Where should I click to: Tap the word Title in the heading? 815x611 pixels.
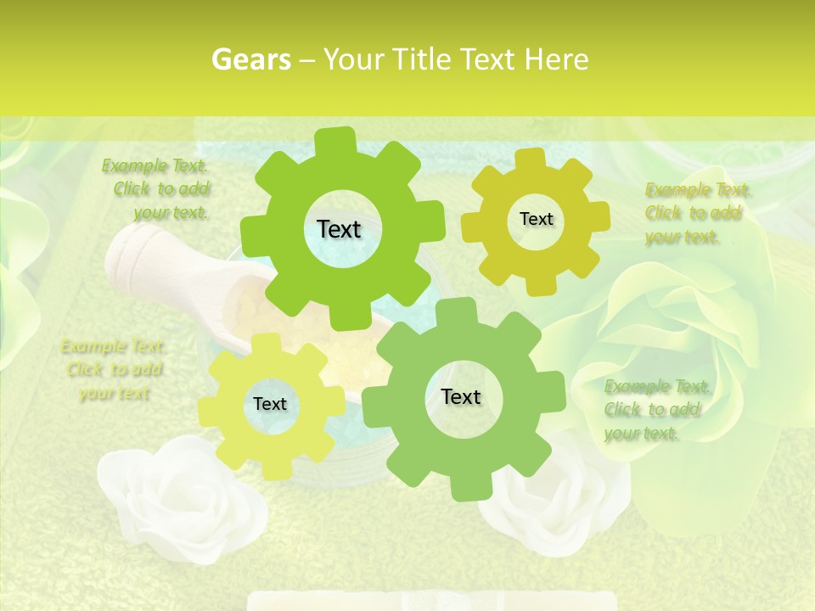coord(422,59)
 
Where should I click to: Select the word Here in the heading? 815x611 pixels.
coord(558,59)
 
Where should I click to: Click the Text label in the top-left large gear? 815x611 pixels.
coord(339,229)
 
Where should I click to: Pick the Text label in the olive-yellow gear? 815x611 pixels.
coord(536,219)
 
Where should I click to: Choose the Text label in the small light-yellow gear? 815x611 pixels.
coord(270,404)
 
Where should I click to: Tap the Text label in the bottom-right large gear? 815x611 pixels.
coord(461,396)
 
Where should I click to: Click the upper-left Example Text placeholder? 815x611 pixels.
coord(157,189)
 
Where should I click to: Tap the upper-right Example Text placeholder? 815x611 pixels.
coord(696,213)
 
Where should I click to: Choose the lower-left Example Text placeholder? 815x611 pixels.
coord(114,369)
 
